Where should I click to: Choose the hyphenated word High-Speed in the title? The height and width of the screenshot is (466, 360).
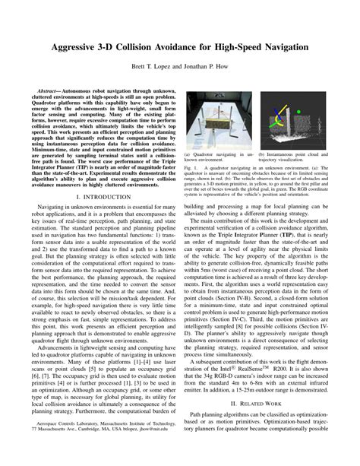coord(222,47)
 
